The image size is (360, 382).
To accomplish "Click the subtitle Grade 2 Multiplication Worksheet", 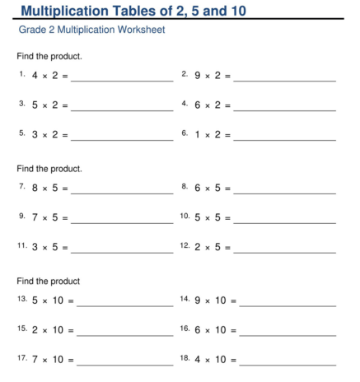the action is point(91,30).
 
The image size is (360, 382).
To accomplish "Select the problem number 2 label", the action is point(185,74).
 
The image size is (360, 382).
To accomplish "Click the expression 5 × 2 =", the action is point(49,105).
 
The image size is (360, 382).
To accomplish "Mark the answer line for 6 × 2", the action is point(285,109).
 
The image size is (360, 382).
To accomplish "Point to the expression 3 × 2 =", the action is point(49,134).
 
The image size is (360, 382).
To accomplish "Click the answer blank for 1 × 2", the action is point(285,138).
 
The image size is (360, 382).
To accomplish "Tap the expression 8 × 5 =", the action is point(49,188).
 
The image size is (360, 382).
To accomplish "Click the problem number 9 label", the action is point(21,216).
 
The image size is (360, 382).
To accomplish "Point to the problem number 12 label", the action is point(185,245).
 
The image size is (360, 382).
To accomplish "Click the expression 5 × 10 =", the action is point(53,300).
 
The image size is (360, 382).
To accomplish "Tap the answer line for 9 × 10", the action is point(288,305).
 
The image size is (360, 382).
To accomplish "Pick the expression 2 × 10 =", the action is point(53,330).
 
